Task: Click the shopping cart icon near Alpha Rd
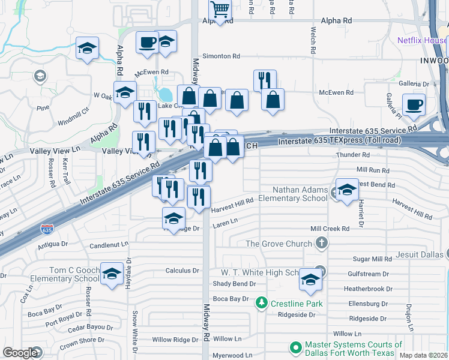point(221,10)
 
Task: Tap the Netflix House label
point(423,41)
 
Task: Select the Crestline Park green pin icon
point(261,303)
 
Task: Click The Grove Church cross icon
point(322,243)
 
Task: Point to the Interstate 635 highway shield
point(46,229)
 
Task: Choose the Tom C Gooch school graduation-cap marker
point(111,274)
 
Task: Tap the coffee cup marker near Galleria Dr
point(414,104)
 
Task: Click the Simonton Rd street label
point(221,56)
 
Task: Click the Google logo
point(20,353)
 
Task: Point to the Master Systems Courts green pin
point(296,347)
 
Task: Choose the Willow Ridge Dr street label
point(175,340)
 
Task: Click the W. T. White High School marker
point(310,280)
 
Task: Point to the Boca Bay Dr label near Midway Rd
point(231,299)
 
